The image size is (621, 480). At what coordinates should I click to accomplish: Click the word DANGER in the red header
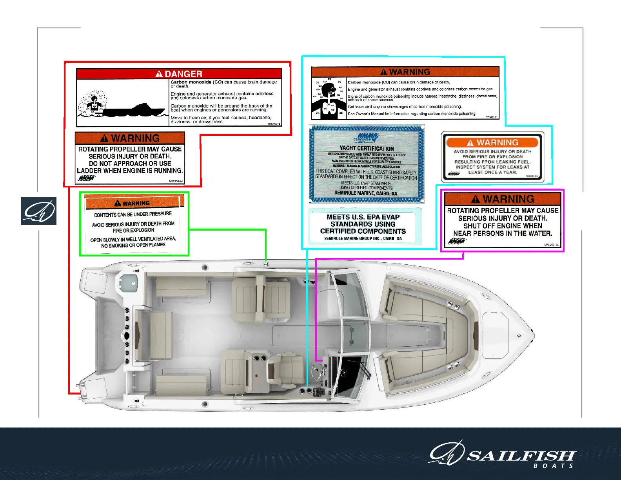pos(183,74)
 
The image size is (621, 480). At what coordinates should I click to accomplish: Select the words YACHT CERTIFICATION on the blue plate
pos(367,148)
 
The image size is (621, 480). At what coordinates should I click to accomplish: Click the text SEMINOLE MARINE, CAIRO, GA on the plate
pos(366,193)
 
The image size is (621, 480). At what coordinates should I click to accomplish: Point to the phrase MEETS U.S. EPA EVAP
pos(363,217)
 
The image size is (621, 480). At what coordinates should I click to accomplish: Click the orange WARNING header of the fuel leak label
pos(492,142)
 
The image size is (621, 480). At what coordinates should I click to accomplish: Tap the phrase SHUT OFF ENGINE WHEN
pos(503,226)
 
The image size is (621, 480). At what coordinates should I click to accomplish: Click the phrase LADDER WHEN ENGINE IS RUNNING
pos(130,171)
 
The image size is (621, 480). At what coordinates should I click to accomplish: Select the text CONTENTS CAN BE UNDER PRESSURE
pos(133,214)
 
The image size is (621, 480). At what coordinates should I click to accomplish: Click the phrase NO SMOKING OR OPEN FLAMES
pos(133,245)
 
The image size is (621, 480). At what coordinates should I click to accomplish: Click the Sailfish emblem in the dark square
pos(39,211)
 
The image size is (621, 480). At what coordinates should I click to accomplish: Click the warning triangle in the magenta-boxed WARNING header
pos(476,199)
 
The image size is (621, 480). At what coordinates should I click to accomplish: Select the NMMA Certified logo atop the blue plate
pos(367,138)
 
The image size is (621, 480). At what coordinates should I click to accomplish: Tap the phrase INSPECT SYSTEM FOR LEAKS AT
pos(492,167)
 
